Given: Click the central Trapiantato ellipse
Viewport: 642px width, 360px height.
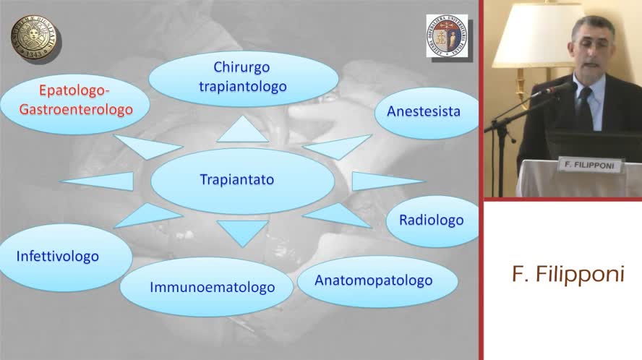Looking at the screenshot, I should [236, 180].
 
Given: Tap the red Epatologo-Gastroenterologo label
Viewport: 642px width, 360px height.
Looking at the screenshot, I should [75, 101].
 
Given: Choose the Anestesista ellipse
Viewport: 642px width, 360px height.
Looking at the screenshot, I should [423, 112].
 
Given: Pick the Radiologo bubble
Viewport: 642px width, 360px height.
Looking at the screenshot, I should [431, 220].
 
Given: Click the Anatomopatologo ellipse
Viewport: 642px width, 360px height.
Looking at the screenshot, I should [373, 280].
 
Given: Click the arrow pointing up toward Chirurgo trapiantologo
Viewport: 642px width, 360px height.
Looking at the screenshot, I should [242, 131].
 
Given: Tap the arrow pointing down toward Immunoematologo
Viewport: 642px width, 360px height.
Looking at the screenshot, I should [242, 231].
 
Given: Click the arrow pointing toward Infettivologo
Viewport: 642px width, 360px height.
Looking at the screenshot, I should [148, 215].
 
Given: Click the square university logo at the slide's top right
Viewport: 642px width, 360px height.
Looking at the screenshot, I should [446, 36].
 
